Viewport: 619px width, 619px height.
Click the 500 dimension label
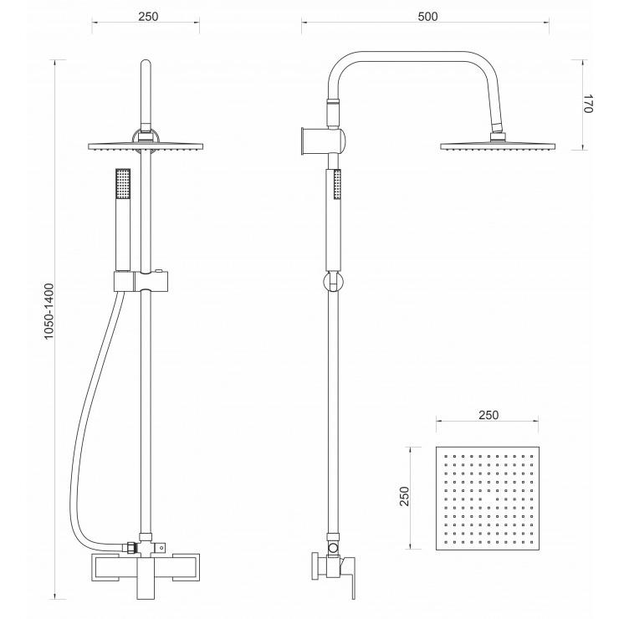tap(427, 17)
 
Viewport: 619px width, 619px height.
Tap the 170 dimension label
tap(588, 104)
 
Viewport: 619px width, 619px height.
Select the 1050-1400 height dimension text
tap(49, 311)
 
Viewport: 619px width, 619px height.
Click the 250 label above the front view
tap(148, 17)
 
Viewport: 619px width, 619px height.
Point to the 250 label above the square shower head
tap(489, 415)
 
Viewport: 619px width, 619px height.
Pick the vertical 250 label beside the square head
tap(404, 496)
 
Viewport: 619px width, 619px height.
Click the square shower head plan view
tap(487, 499)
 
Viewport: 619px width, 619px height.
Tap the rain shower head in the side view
tap(499, 146)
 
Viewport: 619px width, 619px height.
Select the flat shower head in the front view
tap(146, 146)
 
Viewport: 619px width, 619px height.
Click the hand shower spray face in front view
tap(123, 183)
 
